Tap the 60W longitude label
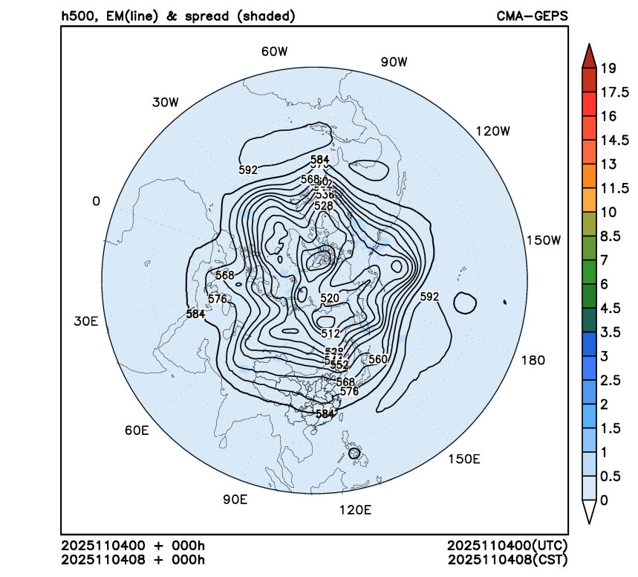click(x=274, y=51)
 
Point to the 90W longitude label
click(x=394, y=62)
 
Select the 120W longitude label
click(x=494, y=131)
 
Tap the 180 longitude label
click(x=533, y=360)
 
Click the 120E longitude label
click(x=354, y=510)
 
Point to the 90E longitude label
click(x=235, y=499)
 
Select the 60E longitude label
click(x=137, y=431)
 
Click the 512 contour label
click(x=330, y=333)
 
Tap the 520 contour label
click(x=330, y=298)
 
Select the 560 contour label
click(x=378, y=359)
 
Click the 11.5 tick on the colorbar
click(x=613, y=187)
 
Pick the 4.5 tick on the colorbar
click(x=611, y=308)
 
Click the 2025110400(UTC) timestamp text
click(x=508, y=546)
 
